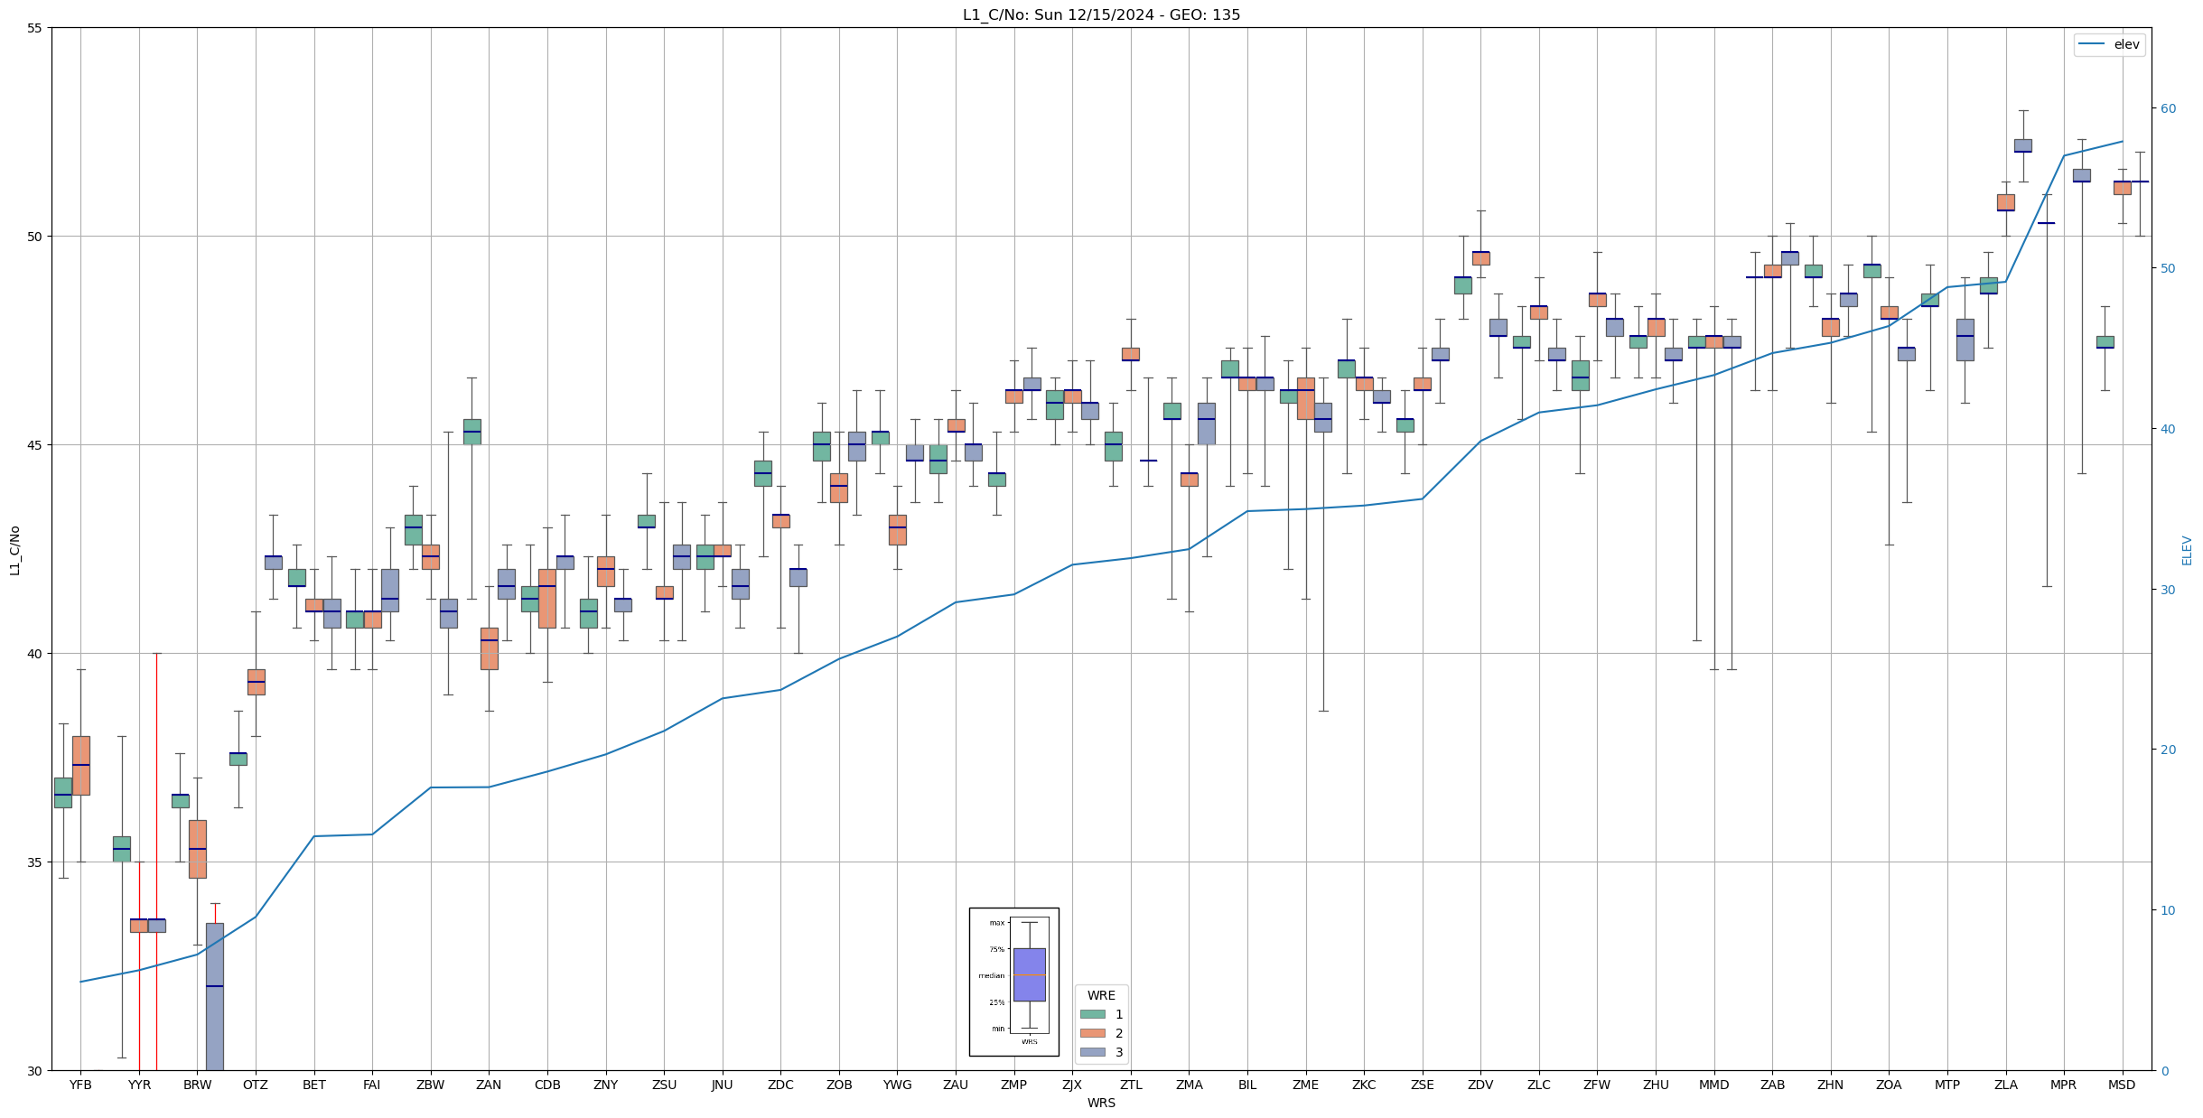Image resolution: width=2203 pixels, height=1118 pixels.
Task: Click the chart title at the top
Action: [x=1101, y=14]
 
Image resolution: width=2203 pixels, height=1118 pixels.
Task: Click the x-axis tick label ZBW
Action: [x=430, y=1085]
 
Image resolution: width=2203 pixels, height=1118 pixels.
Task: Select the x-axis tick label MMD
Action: [x=1713, y=1085]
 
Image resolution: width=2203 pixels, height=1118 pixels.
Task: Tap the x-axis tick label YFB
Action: [x=80, y=1085]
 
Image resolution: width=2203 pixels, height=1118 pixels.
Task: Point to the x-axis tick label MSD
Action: [x=2122, y=1085]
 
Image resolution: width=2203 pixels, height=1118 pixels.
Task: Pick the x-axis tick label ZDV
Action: [x=1480, y=1085]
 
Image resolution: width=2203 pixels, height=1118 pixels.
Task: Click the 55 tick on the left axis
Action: [x=35, y=28]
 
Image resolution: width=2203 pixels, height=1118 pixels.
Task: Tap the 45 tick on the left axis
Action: [x=35, y=445]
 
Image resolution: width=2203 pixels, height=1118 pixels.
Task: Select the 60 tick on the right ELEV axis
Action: [x=2168, y=108]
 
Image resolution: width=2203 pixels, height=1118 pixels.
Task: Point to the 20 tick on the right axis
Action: [x=2168, y=750]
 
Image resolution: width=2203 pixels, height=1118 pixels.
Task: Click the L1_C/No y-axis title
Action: [x=14, y=550]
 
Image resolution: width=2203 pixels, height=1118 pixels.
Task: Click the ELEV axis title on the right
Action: [x=2187, y=550]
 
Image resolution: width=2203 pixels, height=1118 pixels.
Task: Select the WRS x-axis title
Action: [x=1101, y=1103]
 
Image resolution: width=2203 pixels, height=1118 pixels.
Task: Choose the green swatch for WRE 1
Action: [x=1092, y=1014]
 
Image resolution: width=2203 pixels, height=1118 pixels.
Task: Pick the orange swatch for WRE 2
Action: [x=1092, y=1033]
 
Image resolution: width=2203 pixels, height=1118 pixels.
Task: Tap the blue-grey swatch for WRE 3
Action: [x=1092, y=1052]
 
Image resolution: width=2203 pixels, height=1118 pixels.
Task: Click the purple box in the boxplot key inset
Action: [x=1029, y=974]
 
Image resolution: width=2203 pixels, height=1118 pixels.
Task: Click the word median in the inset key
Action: [x=991, y=975]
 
